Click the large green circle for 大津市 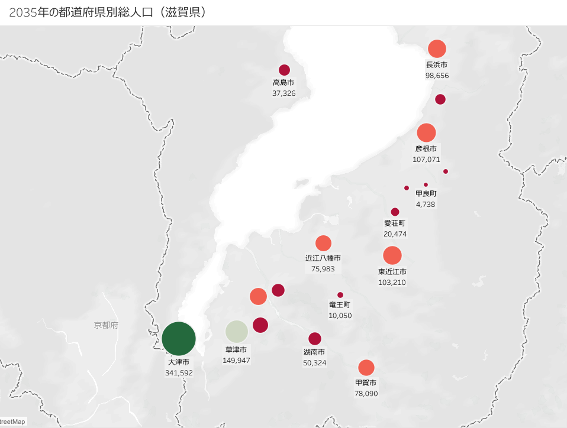(x=179, y=339)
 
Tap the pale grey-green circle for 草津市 (x=236, y=332)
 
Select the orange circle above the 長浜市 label (x=437, y=48)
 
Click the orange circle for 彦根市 (x=426, y=133)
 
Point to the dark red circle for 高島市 (x=284, y=70)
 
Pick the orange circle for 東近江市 (x=392, y=255)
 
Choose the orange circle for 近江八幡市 (x=323, y=243)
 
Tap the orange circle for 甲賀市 (x=366, y=368)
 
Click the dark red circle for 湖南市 (x=315, y=339)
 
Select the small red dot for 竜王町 (x=340, y=295)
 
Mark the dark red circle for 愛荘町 (x=395, y=212)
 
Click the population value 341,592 (x=179, y=373)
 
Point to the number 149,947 (x=236, y=360)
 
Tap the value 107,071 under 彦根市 (x=426, y=160)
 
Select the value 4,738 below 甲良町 (x=426, y=204)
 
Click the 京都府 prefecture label (x=106, y=325)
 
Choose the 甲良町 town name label (x=426, y=193)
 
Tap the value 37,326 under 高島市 (x=283, y=93)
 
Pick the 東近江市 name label (x=392, y=271)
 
